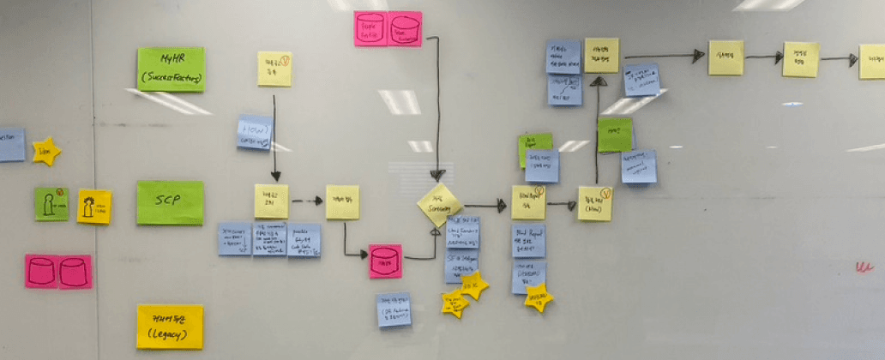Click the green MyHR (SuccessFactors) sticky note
(x=171, y=69)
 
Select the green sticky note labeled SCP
(x=170, y=202)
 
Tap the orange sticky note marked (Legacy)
(x=170, y=327)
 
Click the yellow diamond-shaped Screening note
(x=440, y=205)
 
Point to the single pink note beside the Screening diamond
(x=385, y=261)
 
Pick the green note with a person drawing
(x=51, y=204)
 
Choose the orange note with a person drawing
(x=93, y=207)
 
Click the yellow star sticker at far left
(x=46, y=152)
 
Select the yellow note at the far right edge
(x=872, y=62)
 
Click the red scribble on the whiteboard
(x=864, y=267)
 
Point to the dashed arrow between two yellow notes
(x=306, y=201)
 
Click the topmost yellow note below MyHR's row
(x=274, y=69)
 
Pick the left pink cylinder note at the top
(x=370, y=28)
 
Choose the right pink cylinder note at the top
(x=405, y=28)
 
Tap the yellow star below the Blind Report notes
(x=539, y=298)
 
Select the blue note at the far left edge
(x=11, y=145)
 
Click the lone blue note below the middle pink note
(x=393, y=309)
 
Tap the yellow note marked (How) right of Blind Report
(x=594, y=203)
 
